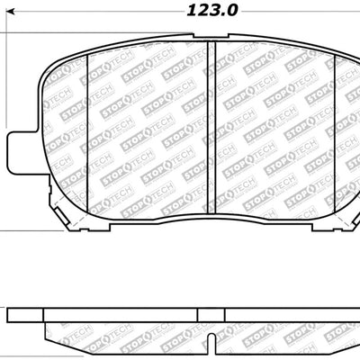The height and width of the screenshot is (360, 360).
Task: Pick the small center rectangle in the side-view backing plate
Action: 209,313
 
